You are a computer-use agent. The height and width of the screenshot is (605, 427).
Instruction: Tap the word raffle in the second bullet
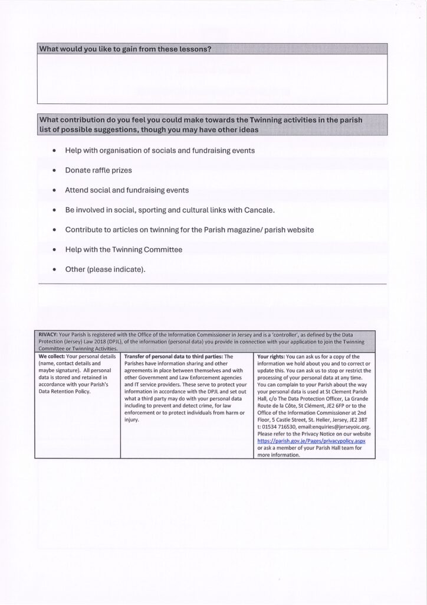(x=103, y=170)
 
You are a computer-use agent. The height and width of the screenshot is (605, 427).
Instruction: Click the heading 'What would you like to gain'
(x=124, y=48)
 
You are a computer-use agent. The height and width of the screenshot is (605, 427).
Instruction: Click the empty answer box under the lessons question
(x=212, y=79)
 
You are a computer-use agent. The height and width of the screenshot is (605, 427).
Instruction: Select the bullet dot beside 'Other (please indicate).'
(x=54, y=270)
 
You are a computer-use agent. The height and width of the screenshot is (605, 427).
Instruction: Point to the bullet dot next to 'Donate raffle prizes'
(x=54, y=171)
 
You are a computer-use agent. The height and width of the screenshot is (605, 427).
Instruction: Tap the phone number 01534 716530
(x=281, y=427)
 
